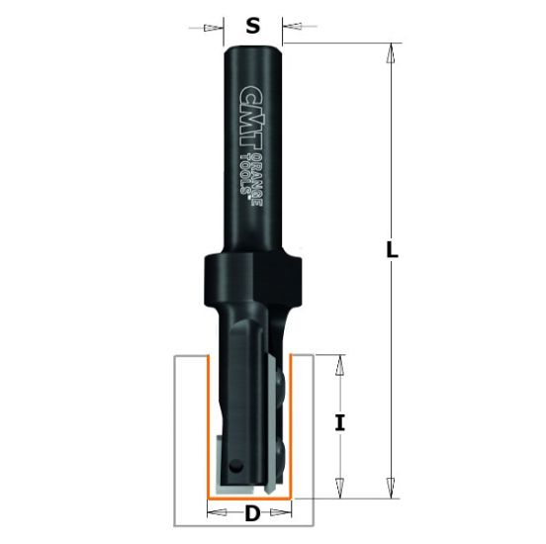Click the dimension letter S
[252, 27]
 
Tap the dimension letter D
[252, 513]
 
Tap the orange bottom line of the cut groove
[252, 496]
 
